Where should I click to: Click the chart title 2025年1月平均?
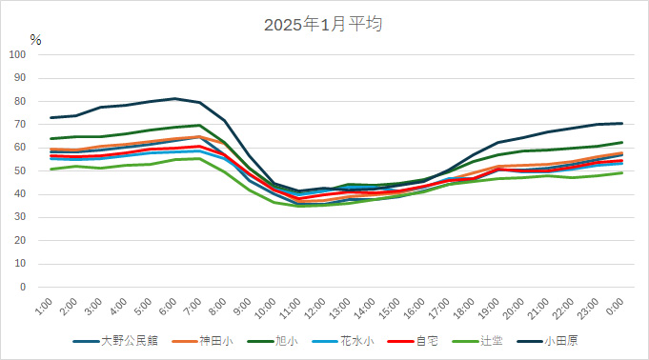pos(323,24)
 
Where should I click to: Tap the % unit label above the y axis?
pos(35,40)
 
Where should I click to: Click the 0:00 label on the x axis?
pos(615,308)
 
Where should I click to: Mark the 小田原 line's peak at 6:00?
pos(174,98)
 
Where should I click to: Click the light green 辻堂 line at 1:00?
pos(51,169)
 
